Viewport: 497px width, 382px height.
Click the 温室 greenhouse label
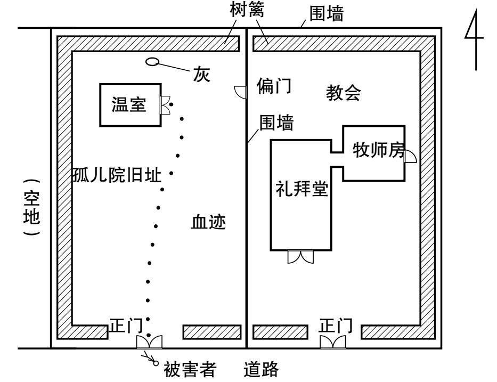point(129,104)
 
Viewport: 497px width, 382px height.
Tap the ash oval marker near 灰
point(152,61)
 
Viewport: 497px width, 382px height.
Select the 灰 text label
point(201,75)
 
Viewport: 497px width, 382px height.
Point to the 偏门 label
point(274,86)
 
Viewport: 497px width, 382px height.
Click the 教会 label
point(343,93)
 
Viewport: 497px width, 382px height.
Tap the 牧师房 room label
point(379,150)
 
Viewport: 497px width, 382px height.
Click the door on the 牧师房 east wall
point(411,157)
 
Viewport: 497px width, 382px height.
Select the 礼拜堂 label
point(302,189)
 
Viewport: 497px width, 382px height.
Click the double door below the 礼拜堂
point(300,257)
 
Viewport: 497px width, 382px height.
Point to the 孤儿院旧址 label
point(117,175)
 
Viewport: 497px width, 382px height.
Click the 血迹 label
point(208,222)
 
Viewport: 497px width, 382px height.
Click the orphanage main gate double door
point(149,343)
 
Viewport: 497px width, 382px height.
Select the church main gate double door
point(333,343)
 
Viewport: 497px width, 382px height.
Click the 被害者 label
point(190,369)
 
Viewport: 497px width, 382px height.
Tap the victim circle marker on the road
point(156,363)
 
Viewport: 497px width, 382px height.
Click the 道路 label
point(261,369)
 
